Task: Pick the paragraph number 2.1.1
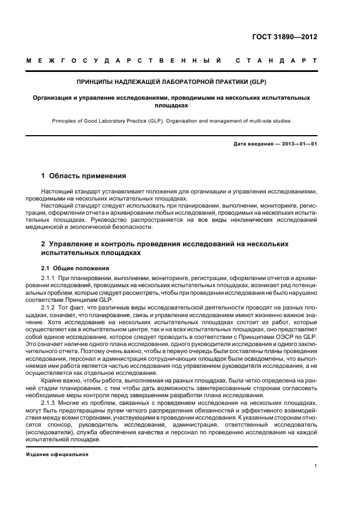click(x=51, y=277)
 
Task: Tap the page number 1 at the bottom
click(x=316, y=466)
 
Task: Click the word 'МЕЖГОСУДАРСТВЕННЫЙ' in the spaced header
click(x=123, y=60)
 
